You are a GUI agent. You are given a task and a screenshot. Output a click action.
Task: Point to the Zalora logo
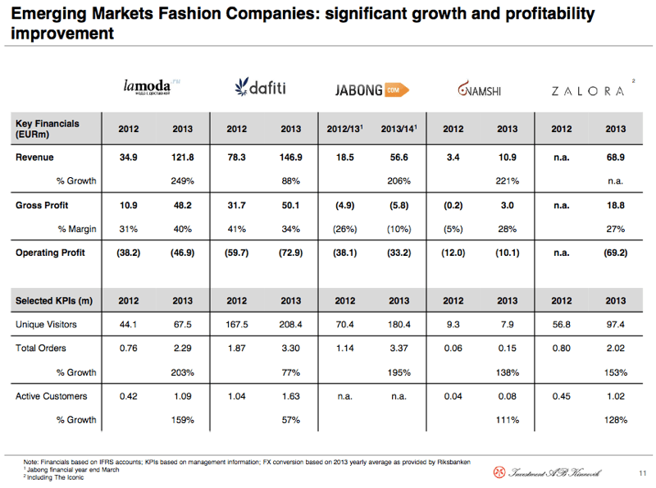click(x=589, y=90)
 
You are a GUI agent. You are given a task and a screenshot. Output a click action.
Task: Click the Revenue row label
click(x=34, y=157)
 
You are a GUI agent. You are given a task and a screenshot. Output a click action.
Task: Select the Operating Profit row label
click(x=50, y=253)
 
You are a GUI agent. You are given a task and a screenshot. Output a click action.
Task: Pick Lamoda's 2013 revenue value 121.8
click(x=182, y=157)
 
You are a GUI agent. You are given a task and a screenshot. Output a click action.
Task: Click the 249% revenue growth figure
click(x=182, y=180)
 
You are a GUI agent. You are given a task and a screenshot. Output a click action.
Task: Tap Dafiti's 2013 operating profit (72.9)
click(x=290, y=253)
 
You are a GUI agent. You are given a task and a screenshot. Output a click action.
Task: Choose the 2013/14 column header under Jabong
click(x=399, y=129)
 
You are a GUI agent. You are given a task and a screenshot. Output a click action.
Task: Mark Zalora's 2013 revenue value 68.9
click(x=615, y=157)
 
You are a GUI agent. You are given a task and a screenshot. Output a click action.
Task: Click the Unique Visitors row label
click(x=46, y=325)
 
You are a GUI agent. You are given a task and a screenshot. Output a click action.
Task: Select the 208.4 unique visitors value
click(x=290, y=325)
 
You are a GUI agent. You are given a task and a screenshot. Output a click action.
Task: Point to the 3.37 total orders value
click(x=399, y=349)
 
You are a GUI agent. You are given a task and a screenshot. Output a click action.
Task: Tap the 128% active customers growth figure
click(x=615, y=421)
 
